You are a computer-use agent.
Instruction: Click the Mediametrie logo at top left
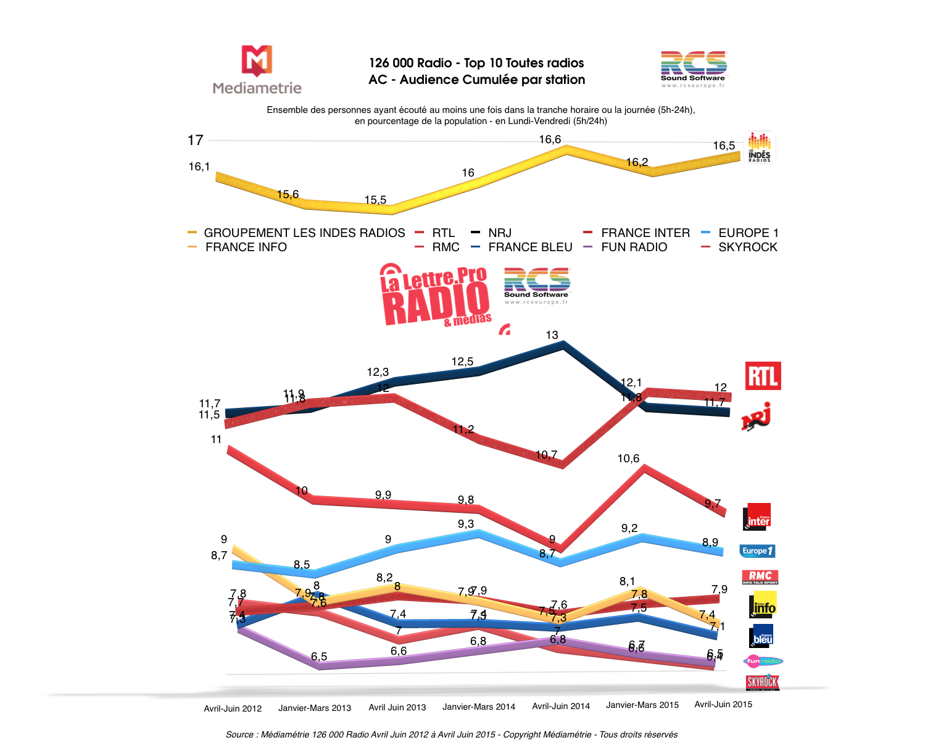[x=257, y=70]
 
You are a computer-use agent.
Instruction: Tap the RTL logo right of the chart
[x=763, y=376]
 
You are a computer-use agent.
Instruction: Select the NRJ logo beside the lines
[x=757, y=417]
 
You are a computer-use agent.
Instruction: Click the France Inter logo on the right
[x=758, y=517]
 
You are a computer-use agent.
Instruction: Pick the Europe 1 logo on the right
[x=757, y=550]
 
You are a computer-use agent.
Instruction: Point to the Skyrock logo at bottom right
[x=763, y=682]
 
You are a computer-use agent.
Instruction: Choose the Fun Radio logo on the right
[x=763, y=661]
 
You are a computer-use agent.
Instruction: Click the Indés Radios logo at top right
[x=759, y=147]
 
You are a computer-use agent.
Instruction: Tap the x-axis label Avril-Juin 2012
[x=233, y=708]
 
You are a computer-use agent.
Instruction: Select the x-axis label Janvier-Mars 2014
[x=478, y=707]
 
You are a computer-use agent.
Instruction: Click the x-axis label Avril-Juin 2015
[x=723, y=704]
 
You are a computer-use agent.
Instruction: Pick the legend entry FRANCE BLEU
[x=529, y=247]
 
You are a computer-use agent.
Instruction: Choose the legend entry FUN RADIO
[x=634, y=247]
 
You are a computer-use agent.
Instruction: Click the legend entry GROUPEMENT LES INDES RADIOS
[x=304, y=233]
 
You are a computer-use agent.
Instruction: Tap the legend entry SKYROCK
[x=747, y=247]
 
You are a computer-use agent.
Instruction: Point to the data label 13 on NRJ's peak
[x=552, y=335]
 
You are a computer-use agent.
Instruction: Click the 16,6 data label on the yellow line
[x=550, y=139]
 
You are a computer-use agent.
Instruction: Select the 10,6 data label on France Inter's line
[x=628, y=459]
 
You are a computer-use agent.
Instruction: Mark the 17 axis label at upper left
[x=196, y=141]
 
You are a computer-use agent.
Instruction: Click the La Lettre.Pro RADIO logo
[x=436, y=295]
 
